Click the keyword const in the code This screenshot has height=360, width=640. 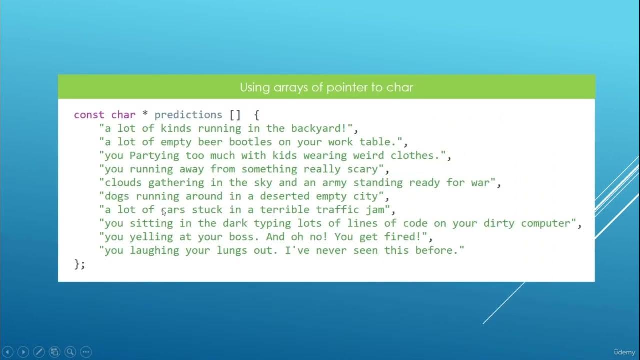click(x=89, y=115)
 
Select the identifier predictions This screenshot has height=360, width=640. click(x=188, y=115)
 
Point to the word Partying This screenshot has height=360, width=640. click(x=155, y=155)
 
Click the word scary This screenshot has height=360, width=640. click(x=362, y=169)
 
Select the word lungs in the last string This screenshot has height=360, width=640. click(x=229, y=250)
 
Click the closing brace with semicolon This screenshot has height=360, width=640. click(x=80, y=264)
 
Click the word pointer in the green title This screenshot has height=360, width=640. click(x=347, y=87)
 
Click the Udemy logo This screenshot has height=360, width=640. click(x=624, y=352)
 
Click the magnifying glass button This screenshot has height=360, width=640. click(x=70, y=352)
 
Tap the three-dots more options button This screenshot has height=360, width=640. click(x=86, y=352)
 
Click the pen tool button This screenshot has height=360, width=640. click(x=39, y=352)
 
